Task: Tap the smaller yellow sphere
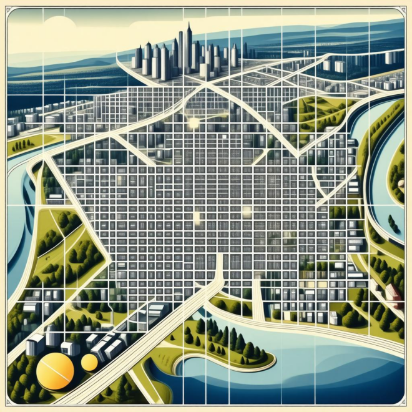pos(89,362)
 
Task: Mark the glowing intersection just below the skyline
pos(194,122)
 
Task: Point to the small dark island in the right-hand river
pos(393,222)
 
